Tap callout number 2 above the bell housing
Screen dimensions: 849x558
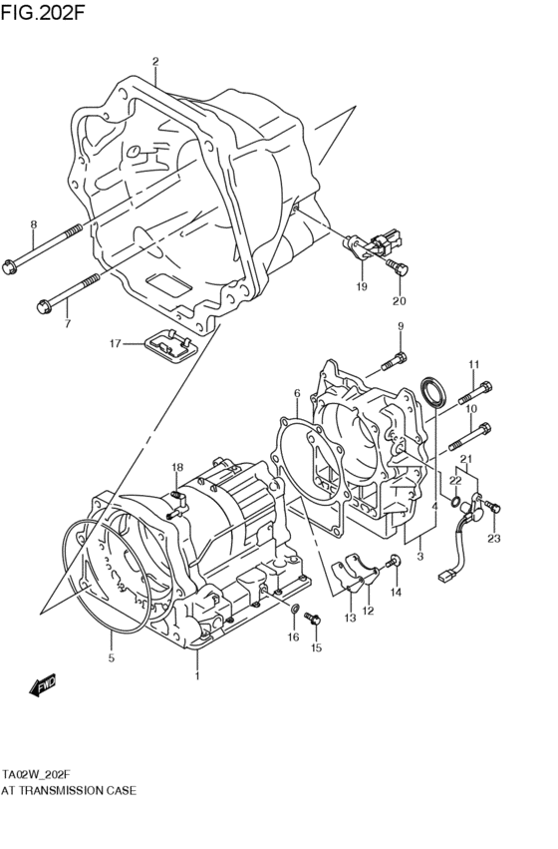click(x=155, y=62)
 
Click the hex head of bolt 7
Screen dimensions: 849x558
click(x=43, y=305)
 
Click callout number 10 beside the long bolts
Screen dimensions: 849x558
click(x=470, y=408)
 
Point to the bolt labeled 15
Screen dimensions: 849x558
click(x=314, y=621)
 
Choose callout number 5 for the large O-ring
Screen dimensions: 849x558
click(x=112, y=659)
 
